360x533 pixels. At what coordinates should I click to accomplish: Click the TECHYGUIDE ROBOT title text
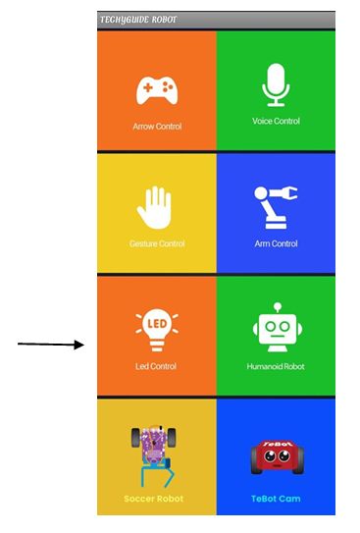pyautogui.click(x=138, y=20)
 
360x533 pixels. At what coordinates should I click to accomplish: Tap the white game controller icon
pyautogui.click(x=157, y=90)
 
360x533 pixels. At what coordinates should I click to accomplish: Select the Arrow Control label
pyautogui.click(x=157, y=127)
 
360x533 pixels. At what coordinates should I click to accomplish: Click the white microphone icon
pyautogui.click(x=276, y=85)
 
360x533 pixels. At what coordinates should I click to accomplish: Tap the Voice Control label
pyautogui.click(x=276, y=121)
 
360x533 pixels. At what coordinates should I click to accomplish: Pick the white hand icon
pyautogui.click(x=154, y=207)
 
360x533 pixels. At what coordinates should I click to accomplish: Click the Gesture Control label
pyautogui.click(x=157, y=243)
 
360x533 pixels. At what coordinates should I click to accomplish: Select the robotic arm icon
pyautogui.click(x=276, y=207)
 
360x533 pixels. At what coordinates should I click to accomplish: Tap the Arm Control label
pyautogui.click(x=276, y=243)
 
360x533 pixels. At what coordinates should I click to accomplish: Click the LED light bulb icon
pyautogui.click(x=157, y=329)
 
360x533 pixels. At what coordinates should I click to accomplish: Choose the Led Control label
pyautogui.click(x=156, y=366)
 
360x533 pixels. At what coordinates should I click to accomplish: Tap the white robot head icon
pyautogui.click(x=278, y=327)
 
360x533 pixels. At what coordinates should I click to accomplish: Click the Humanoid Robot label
pyautogui.click(x=276, y=366)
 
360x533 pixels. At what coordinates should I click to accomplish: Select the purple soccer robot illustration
pyautogui.click(x=154, y=455)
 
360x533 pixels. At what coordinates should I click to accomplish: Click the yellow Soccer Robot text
pyautogui.click(x=153, y=499)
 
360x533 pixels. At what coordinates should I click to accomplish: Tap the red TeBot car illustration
pyautogui.click(x=278, y=457)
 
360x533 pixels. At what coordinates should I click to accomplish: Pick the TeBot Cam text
pyautogui.click(x=276, y=499)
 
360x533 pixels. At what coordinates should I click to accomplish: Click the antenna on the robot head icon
pyautogui.click(x=278, y=307)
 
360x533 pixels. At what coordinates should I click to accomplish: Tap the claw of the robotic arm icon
pyautogui.click(x=291, y=192)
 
